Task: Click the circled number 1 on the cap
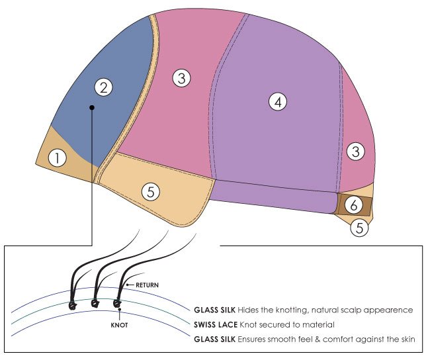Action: click(58, 158)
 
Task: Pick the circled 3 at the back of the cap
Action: click(355, 152)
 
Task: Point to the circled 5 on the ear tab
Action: click(151, 192)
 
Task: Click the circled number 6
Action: click(353, 204)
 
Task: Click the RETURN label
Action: click(148, 285)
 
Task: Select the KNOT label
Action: click(119, 325)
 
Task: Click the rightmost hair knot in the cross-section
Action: click(117, 303)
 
